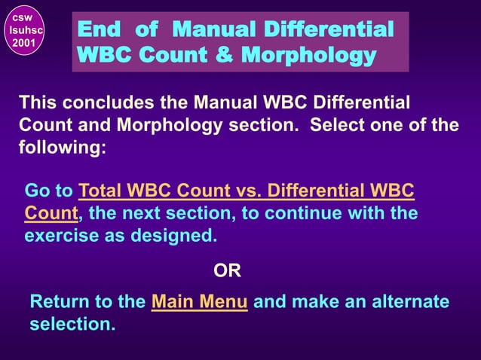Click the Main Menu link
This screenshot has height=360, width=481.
point(200,303)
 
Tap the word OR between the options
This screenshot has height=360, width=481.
point(228,270)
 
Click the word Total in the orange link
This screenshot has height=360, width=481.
point(102,191)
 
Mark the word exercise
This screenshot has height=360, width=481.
point(59,236)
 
